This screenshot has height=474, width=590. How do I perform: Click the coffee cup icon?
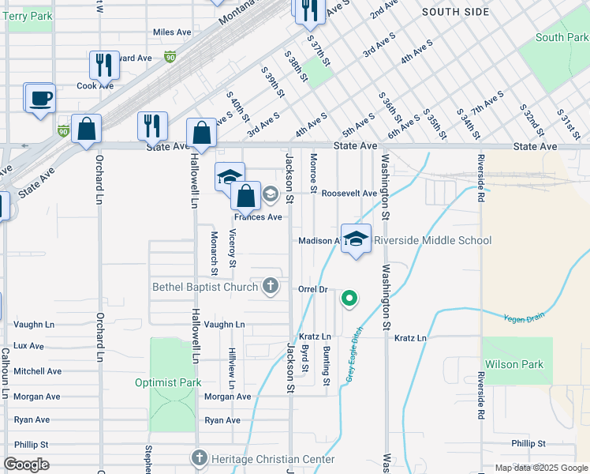click(x=39, y=99)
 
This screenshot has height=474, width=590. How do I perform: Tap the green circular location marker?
click(x=349, y=299)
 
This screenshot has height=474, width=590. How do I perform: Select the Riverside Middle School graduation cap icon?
click(x=357, y=239)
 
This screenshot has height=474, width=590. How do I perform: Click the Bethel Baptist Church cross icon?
click(x=271, y=285)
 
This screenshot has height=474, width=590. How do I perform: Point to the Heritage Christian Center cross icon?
click(x=199, y=458)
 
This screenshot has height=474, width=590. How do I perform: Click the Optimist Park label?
click(x=168, y=382)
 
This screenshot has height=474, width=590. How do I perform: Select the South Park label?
click(x=561, y=37)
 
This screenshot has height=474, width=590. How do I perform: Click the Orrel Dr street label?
click(x=312, y=289)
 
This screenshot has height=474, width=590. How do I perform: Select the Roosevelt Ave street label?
click(x=347, y=193)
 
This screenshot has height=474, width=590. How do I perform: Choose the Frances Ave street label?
click(x=258, y=216)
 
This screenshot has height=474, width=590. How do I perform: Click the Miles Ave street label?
click(x=173, y=32)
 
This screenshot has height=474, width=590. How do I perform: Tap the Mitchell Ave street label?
click(x=37, y=371)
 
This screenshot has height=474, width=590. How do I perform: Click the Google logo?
click(x=26, y=465)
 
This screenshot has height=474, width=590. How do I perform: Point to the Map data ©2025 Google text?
click(x=540, y=468)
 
